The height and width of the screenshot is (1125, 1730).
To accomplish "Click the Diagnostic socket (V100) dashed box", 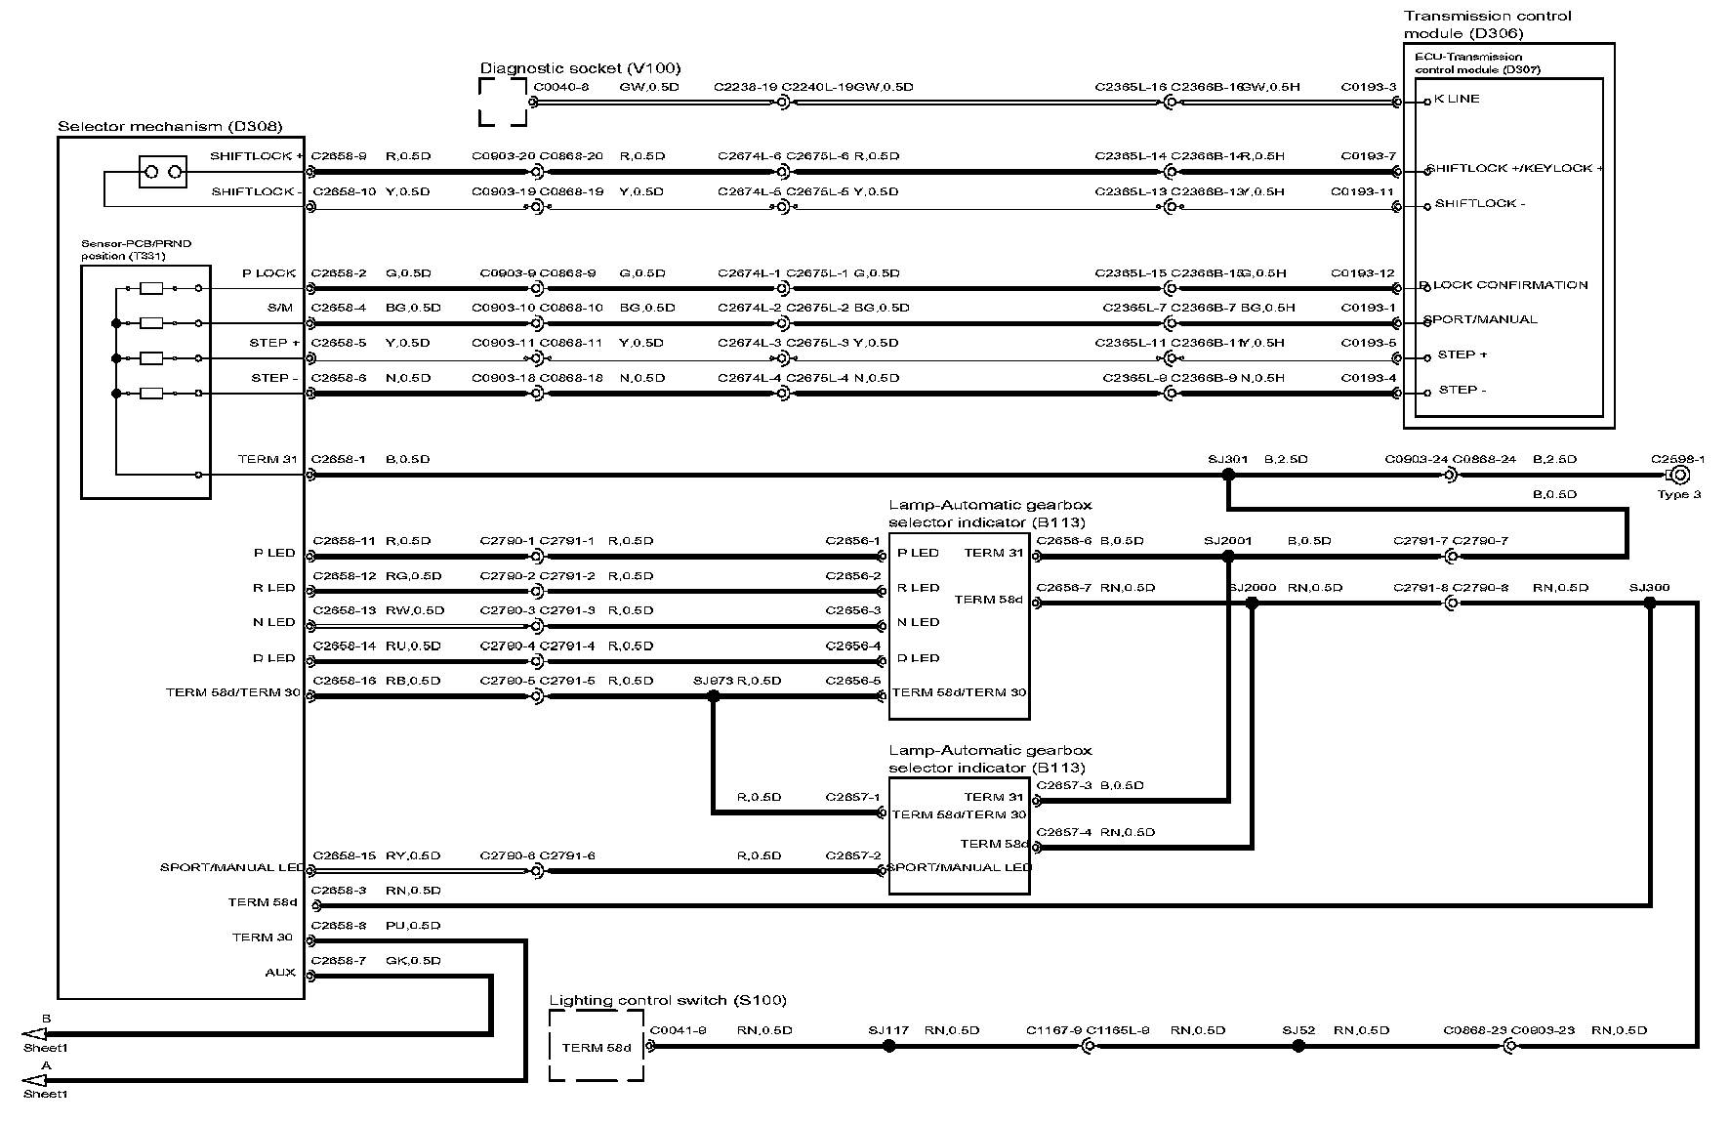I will [x=503, y=102].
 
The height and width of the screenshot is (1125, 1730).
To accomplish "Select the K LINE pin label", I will [x=1457, y=99].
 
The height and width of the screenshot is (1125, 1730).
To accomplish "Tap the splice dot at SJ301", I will [x=1228, y=475].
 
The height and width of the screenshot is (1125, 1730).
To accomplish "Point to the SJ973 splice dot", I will [x=713, y=696].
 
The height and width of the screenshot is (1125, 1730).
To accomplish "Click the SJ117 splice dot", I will [x=888, y=1046].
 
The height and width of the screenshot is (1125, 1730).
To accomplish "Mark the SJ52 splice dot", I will [x=1298, y=1046].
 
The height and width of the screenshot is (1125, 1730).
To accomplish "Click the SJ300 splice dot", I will [x=1650, y=604].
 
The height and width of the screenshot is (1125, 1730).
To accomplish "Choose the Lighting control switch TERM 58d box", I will [x=597, y=1046].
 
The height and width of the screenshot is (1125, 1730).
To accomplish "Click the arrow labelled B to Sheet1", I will [x=34, y=1034].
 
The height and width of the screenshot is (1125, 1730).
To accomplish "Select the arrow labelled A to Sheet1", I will [x=34, y=1080].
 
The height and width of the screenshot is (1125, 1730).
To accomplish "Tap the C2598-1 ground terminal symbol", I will [x=1680, y=475].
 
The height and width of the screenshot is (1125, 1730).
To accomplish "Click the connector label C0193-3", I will [x=1369, y=87].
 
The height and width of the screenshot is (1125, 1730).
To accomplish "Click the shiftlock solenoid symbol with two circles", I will [x=163, y=173].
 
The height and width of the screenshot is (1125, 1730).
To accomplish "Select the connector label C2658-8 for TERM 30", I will [x=339, y=925].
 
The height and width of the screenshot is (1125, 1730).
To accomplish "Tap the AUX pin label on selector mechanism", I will [x=280, y=973].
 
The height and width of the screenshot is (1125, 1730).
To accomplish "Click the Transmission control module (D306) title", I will [x=1487, y=24].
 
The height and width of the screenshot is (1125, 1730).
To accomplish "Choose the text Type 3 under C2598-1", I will [x=1678, y=494].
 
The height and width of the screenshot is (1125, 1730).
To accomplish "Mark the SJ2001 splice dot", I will [x=1228, y=557].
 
